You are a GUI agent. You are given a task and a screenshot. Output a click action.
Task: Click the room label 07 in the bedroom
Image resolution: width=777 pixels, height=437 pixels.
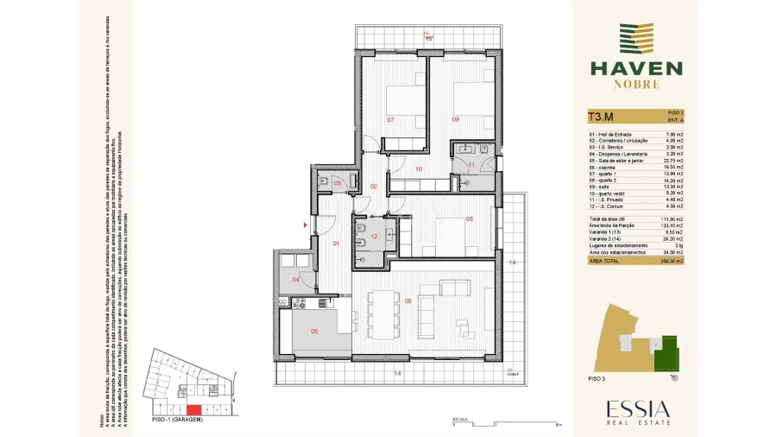point(390,119)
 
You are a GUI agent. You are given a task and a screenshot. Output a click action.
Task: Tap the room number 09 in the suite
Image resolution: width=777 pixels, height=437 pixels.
point(455,119)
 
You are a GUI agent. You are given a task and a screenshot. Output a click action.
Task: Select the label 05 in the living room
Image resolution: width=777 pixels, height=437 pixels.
point(407,301)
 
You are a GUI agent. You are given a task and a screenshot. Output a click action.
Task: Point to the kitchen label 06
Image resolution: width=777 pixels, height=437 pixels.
point(314,331)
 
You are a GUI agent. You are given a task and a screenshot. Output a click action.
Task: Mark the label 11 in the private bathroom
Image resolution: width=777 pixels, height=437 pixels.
point(471,164)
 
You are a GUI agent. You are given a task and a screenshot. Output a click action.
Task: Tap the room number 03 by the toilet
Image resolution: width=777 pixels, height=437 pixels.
point(338,183)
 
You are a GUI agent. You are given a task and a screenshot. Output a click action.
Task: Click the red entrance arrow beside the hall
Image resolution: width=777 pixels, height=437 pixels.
point(305,226)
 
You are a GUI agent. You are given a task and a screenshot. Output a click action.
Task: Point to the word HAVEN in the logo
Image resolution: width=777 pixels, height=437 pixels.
point(636,68)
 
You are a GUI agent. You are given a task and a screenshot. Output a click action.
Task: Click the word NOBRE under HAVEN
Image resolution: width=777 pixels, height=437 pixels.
point(636,85)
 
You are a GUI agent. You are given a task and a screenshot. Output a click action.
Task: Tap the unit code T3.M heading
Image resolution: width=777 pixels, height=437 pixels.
point(601,117)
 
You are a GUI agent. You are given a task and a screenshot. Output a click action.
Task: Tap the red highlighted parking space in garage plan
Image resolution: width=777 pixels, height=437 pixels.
point(195,408)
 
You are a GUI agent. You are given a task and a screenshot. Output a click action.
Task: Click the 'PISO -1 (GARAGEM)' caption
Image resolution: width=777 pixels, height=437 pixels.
point(177,420)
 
